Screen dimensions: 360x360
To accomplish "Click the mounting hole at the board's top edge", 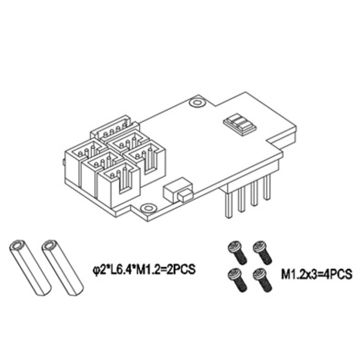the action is click(x=196, y=102).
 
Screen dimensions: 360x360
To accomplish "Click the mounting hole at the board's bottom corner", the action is click(x=148, y=208).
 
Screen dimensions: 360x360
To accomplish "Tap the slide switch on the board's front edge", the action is click(x=178, y=190).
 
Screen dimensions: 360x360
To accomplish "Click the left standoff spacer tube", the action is click(x=30, y=268).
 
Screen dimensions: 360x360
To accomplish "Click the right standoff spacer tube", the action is click(x=63, y=268).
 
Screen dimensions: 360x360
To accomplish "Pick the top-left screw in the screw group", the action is click(x=237, y=252).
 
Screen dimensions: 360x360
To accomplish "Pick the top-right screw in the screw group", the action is click(x=262, y=252).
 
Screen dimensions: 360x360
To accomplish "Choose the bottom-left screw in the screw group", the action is click(x=237, y=280).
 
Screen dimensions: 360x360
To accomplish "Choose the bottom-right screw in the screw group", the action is click(x=262, y=280).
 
